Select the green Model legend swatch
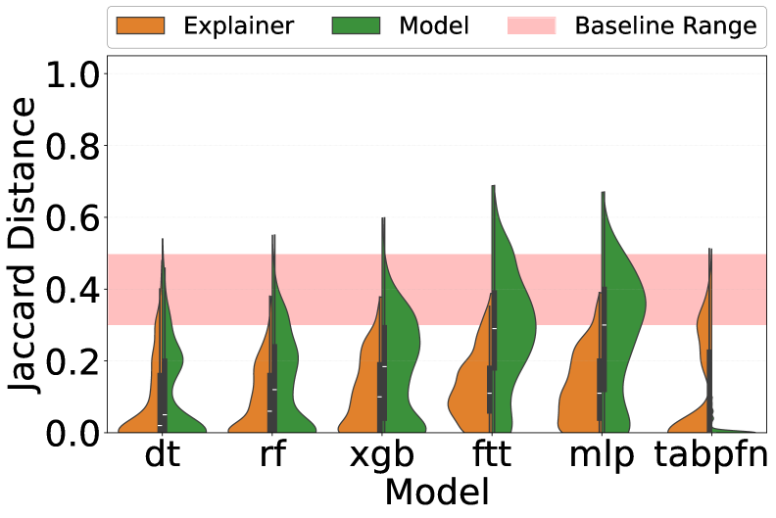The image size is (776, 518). coord(360,25)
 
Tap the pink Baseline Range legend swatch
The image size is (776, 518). coord(531,25)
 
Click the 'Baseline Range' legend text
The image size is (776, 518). coord(666,25)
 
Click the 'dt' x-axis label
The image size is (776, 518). coord(162,456)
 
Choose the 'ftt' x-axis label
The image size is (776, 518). coord(493,456)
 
